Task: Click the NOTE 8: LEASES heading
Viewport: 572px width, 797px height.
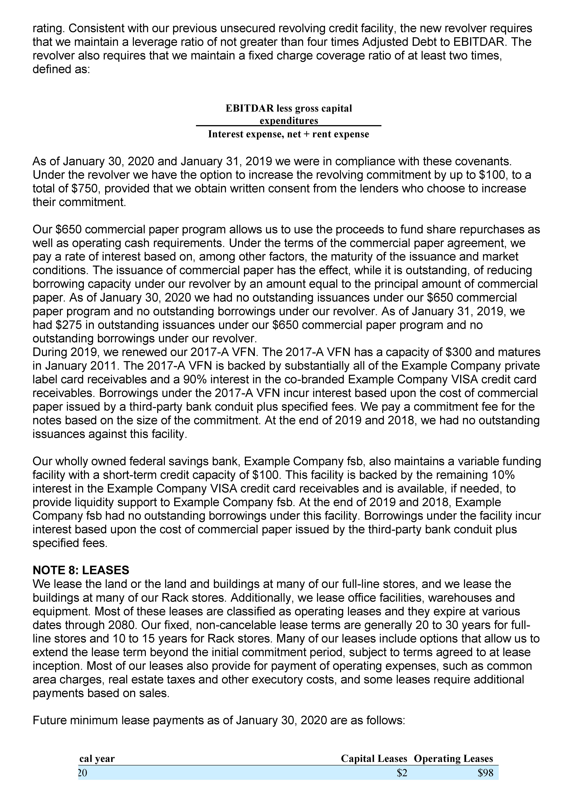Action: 81,570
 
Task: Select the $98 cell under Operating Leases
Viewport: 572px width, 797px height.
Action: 486,783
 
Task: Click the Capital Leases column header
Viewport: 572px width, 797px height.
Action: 374,768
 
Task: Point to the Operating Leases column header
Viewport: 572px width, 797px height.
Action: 453,768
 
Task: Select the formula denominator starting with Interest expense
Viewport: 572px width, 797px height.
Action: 288,134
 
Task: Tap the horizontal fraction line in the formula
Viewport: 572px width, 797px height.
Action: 288,125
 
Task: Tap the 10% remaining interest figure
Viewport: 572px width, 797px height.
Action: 503,475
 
